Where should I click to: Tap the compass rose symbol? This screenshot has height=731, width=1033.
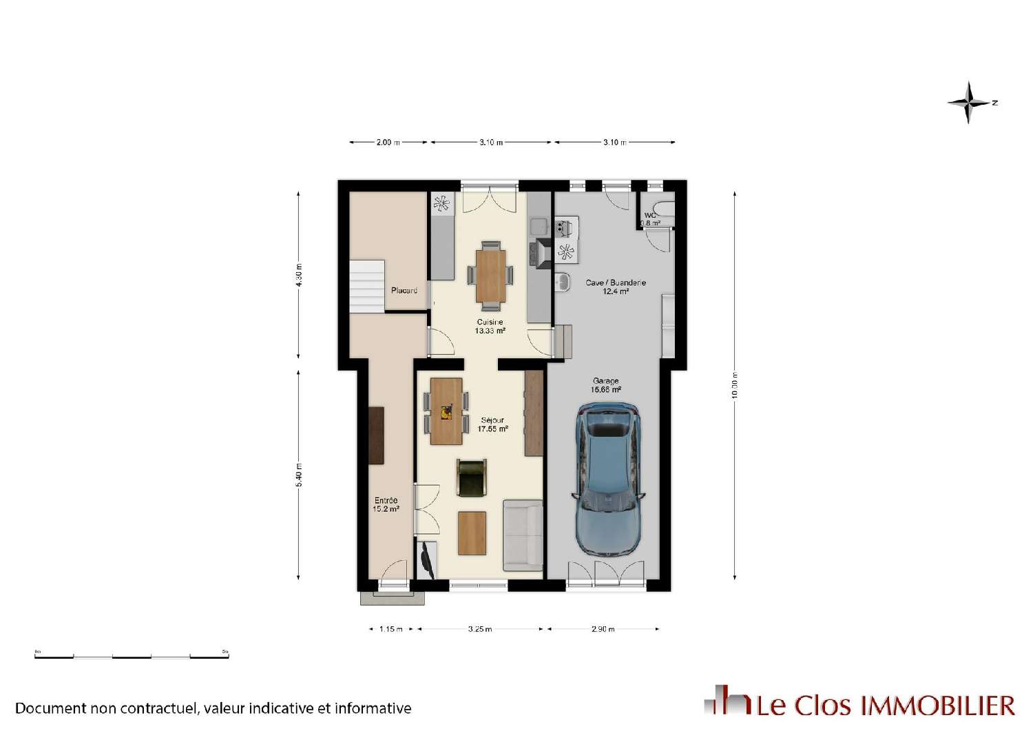click(970, 103)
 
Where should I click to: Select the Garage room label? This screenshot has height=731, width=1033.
click(605, 385)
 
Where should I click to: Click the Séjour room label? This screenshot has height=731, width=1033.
click(492, 424)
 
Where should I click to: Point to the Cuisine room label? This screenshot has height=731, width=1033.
click(490, 326)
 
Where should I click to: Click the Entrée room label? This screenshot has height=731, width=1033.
click(386, 504)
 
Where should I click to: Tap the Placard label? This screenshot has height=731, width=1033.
click(404, 290)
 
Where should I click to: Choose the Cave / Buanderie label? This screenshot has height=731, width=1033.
click(615, 287)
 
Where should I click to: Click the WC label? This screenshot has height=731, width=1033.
click(650, 219)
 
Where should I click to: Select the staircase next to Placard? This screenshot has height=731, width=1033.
click(366, 286)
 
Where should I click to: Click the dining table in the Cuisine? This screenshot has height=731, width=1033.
click(490, 275)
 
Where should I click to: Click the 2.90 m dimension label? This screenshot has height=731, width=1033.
click(603, 629)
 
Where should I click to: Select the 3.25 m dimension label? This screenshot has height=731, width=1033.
click(480, 629)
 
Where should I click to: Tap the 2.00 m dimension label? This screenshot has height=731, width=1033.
click(388, 143)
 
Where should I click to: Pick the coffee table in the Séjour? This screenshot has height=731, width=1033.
click(472, 533)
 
